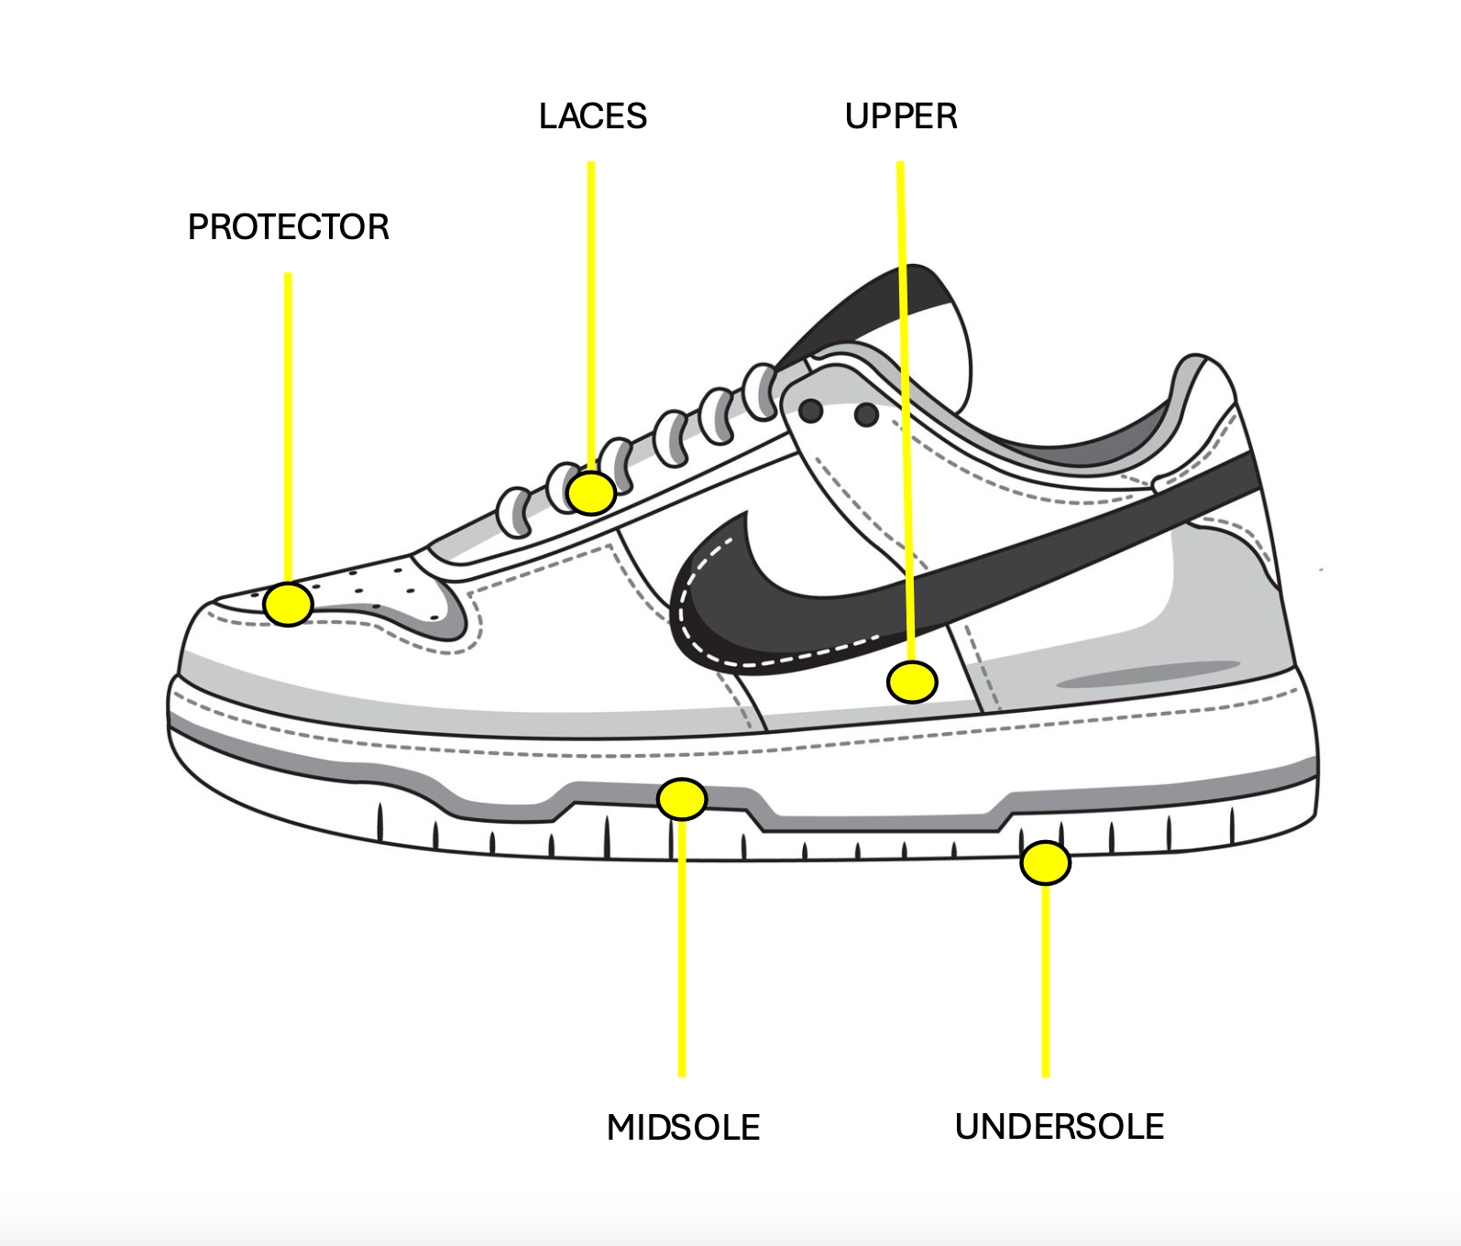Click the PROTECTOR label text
click(x=288, y=227)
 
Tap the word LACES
click(x=592, y=116)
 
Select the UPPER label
click(x=901, y=116)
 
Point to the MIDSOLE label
click(x=683, y=1127)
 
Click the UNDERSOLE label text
click(x=1059, y=1126)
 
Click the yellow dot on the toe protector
click(x=288, y=605)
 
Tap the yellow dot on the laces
click(x=591, y=494)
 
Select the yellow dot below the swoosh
click(x=912, y=682)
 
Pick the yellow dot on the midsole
click(x=682, y=800)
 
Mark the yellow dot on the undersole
click(x=1045, y=862)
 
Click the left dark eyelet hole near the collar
click(x=810, y=410)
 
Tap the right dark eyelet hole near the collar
click(x=865, y=416)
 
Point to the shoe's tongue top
click(x=917, y=293)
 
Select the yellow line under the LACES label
click(x=591, y=311)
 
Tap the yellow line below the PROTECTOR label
click(x=288, y=421)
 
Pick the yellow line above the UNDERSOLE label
click(x=1045, y=980)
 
